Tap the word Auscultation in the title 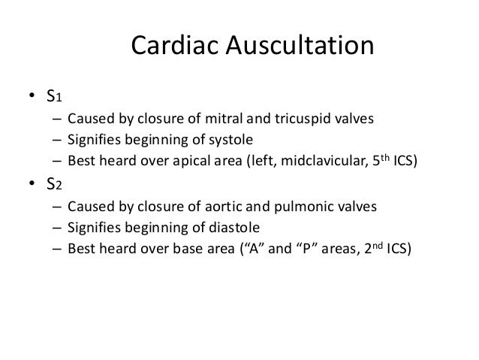[x=301, y=48]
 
